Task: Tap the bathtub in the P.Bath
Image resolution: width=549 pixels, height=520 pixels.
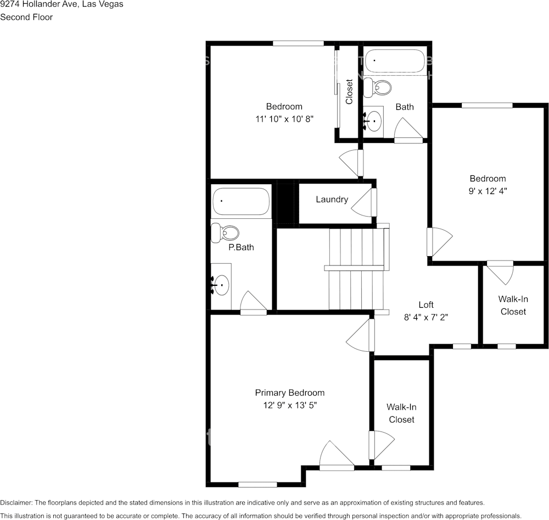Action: point(241,202)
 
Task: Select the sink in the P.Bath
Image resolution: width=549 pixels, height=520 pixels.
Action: point(221,285)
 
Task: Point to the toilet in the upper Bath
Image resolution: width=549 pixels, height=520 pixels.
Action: point(379,87)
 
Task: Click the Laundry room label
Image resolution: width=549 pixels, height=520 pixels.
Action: point(332,200)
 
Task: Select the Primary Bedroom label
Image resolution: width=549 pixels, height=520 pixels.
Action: point(289,392)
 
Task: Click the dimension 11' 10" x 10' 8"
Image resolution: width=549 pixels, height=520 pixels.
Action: point(284,118)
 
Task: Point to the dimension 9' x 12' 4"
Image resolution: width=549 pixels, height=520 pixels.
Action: point(488,191)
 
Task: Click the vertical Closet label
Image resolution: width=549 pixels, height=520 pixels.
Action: point(349,92)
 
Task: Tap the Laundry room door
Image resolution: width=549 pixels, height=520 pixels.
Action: point(365,202)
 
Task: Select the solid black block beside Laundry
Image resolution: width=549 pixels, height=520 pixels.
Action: point(285,203)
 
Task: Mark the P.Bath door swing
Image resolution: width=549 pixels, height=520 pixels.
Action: point(253,302)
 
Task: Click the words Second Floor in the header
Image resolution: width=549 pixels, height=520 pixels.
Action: point(26,17)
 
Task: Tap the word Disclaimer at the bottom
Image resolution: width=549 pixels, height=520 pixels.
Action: point(16,502)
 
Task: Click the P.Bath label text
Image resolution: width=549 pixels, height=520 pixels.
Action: point(241,247)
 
